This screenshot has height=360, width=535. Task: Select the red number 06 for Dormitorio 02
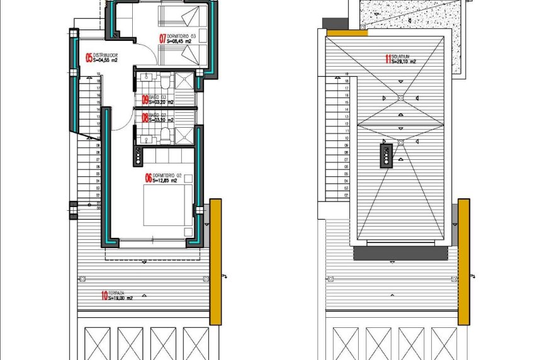(x=148, y=178)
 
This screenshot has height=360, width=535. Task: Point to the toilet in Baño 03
(x=164, y=82)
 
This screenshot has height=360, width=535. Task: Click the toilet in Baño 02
(x=164, y=134)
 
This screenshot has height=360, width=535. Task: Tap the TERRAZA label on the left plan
(x=116, y=293)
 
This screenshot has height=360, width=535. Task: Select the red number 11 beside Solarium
(x=388, y=60)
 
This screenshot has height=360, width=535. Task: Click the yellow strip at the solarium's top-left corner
(x=344, y=32)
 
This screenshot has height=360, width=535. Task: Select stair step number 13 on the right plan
(x=347, y=117)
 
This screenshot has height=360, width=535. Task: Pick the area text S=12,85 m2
(x=165, y=181)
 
